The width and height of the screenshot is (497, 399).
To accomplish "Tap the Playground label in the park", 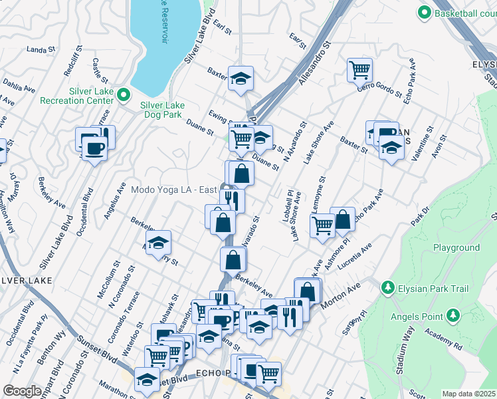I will click(x=456, y=247).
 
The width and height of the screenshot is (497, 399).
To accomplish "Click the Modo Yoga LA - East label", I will click(x=174, y=190).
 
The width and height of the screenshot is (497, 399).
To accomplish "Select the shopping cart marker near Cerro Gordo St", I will click(x=359, y=68).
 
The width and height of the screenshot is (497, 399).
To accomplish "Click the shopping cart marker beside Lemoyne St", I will click(x=322, y=225).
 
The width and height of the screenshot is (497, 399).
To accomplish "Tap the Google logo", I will click(x=22, y=391).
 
